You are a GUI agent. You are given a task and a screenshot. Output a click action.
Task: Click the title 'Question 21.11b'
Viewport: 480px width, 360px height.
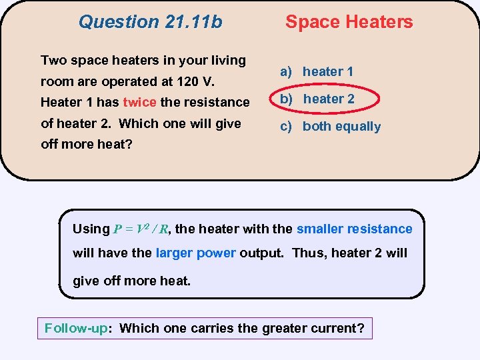pyautogui.click(x=150, y=22)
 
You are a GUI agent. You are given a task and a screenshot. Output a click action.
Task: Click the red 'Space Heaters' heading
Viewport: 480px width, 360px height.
pyautogui.click(x=349, y=22)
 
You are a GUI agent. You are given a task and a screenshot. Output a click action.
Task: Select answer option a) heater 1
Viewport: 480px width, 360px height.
pyautogui.click(x=317, y=71)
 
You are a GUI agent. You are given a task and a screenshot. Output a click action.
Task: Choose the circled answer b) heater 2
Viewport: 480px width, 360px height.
pyautogui.click(x=317, y=99)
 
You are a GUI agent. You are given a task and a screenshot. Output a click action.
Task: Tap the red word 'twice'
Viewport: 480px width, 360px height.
pyautogui.click(x=139, y=102)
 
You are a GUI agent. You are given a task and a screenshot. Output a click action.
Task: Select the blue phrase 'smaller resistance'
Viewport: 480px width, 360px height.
pyautogui.click(x=354, y=229)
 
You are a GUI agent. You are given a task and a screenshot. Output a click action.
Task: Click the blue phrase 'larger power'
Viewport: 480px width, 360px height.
pyautogui.click(x=195, y=253)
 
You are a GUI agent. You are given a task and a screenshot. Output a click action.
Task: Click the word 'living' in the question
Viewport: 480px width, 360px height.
pyautogui.click(x=227, y=60)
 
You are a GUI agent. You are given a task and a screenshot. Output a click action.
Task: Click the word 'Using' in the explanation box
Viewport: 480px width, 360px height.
pyautogui.click(x=91, y=229)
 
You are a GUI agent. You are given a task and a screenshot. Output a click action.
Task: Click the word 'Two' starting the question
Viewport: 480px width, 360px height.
pyautogui.click(x=53, y=60)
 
